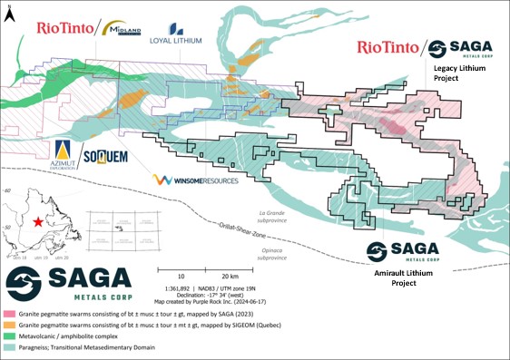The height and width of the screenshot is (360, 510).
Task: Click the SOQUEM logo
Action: [x=103, y=158]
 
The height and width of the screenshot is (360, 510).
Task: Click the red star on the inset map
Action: [x=37, y=222]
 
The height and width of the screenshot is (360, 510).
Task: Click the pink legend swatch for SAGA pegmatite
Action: [x=9, y=313]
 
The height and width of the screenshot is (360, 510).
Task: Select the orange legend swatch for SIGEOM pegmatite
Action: [x=9, y=325]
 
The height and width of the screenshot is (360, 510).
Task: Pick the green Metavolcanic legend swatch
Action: [x=9, y=336]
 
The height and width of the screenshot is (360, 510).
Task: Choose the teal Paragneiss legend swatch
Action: [x=9, y=348]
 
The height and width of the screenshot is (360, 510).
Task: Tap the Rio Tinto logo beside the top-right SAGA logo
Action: [x=387, y=46]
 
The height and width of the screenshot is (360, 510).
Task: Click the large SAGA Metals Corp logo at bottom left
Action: [x=68, y=284]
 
